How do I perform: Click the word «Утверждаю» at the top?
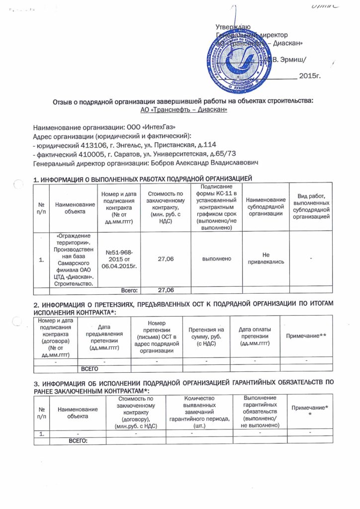[233, 26]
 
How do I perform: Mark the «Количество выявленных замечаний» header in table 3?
[198, 412]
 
